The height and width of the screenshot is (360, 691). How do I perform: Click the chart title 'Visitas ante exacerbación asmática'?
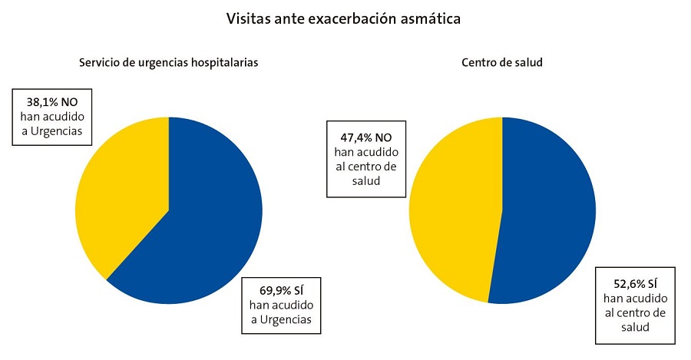click(343, 18)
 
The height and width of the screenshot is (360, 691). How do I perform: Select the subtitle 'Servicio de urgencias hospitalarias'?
click(168, 63)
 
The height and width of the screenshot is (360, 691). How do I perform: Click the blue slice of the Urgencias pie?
click(207, 223)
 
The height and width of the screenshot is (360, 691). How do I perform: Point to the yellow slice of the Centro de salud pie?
click(453, 207)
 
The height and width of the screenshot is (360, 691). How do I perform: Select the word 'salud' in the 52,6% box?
click(634, 327)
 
